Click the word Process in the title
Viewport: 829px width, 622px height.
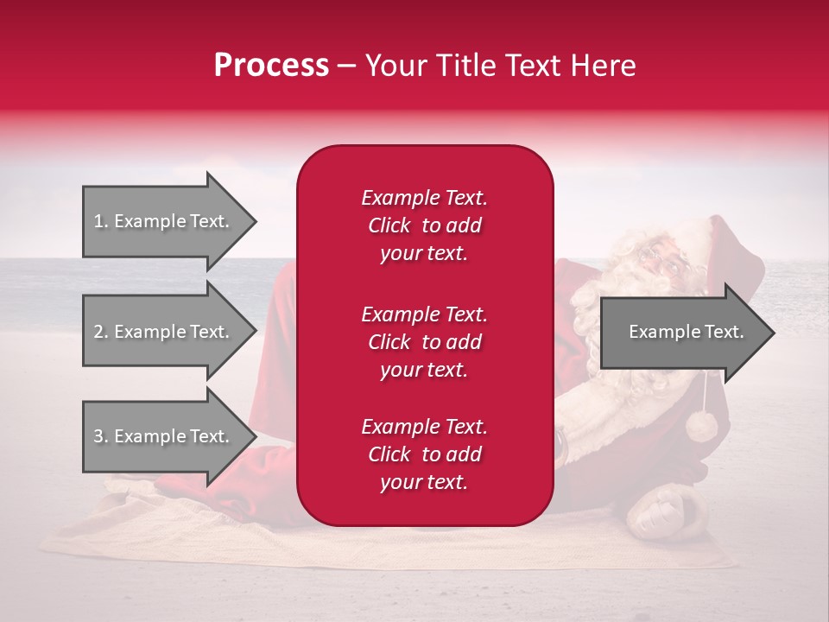point(271,66)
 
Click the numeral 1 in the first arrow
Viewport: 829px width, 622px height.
point(98,221)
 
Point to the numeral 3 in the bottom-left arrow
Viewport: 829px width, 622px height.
point(98,436)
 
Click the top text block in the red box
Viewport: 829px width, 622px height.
point(424,225)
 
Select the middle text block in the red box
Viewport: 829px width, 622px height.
point(424,342)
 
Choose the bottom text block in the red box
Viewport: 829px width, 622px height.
point(424,454)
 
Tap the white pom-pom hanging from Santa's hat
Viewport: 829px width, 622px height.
point(701,425)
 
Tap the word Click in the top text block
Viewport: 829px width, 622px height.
point(389,225)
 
